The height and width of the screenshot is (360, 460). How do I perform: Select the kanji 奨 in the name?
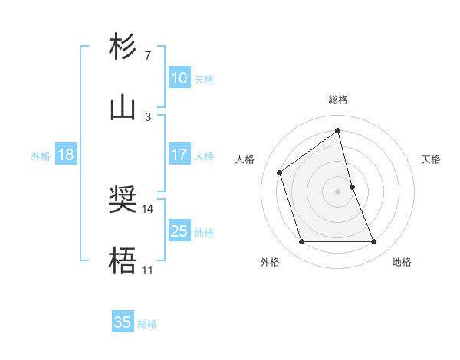click(x=123, y=201)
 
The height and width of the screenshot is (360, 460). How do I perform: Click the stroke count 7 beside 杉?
click(x=147, y=56)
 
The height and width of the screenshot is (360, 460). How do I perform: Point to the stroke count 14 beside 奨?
click(x=147, y=208)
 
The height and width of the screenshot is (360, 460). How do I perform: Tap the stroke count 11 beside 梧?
click(x=147, y=270)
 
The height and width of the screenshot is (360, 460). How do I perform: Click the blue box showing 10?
click(x=179, y=78)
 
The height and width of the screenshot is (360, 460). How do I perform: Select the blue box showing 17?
click(x=179, y=155)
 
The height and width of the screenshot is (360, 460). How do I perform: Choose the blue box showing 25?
click(x=179, y=231)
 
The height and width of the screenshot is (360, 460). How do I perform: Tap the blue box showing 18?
click(x=66, y=155)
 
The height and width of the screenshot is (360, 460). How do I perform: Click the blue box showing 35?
click(x=123, y=322)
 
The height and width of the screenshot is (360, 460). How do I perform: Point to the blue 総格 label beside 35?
click(x=147, y=324)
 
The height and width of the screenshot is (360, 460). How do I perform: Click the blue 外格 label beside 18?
click(x=41, y=156)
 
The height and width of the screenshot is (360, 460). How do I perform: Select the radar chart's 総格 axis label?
click(x=338, y=100)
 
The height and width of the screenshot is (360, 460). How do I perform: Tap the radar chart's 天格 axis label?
click(x=431, y=159)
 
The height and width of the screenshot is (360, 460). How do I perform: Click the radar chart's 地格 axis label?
click(x=402, y=262)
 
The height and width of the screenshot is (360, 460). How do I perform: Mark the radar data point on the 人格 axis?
click(x=280, y=172)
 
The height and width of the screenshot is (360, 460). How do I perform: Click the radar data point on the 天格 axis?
click(x=352, y=187)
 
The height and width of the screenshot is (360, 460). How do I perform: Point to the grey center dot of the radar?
click(x=338, y=191)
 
